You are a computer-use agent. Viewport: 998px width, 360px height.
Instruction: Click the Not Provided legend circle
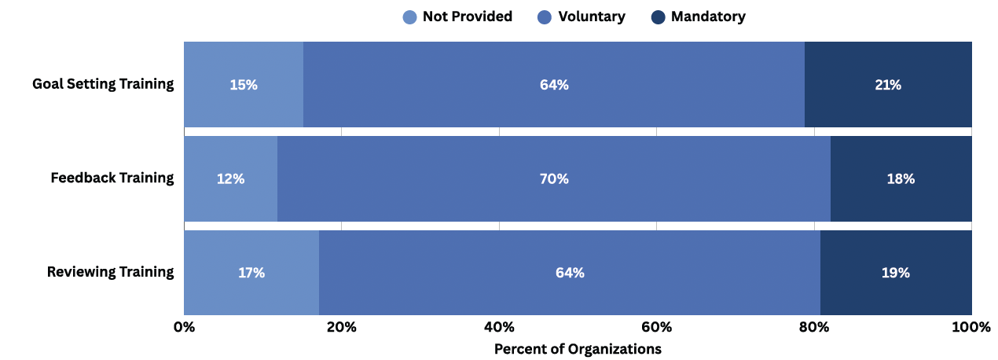coord(409,17)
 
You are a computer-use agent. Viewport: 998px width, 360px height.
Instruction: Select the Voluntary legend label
coord(591,17)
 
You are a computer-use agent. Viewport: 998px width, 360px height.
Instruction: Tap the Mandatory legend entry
coord(708,17)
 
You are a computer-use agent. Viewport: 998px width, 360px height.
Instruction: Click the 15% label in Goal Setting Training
coord(244,85)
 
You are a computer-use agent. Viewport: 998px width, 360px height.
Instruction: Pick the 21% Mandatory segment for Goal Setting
coord(888,85)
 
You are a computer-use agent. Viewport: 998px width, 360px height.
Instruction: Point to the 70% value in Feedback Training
coord(554,179)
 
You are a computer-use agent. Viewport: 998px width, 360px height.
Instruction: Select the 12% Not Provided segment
coord(231,179)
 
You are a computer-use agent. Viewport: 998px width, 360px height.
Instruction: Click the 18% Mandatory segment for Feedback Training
coord(901,179)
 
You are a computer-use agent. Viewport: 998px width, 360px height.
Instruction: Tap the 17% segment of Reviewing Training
coord(251,273)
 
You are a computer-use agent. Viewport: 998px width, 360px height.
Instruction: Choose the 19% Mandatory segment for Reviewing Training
coord(896,273)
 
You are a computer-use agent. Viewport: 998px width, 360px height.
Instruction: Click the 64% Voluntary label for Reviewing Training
coord(570,273)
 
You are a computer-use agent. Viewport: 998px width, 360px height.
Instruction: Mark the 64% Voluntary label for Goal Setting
coord(554,85)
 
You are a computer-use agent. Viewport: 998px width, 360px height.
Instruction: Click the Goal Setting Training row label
coord(103,84)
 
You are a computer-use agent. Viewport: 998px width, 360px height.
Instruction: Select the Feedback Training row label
coord(112,178)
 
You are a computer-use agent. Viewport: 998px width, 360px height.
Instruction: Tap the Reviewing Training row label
coord(110,272)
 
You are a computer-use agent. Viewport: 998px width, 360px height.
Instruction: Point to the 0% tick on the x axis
coord(184,327)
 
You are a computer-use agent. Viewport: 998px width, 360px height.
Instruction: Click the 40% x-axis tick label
coord(499,327)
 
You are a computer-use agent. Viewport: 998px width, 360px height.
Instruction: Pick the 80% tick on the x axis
coord(814,327)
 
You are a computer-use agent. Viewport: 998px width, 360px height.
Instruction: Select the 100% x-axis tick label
coord(971,327)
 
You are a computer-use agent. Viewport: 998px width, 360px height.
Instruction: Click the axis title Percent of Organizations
coord(578,348)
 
